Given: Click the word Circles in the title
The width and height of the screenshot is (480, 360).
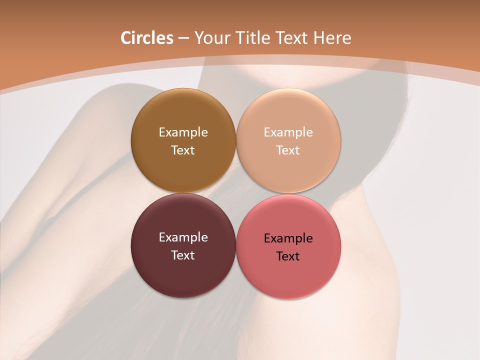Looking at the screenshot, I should click(x=147, y=38).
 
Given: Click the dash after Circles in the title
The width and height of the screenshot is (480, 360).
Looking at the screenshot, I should click(x=183, y=38).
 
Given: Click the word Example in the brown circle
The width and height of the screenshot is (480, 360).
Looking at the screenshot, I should click(x=183, y=132).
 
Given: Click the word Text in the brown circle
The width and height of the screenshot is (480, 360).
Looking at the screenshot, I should click(x=183, y=150).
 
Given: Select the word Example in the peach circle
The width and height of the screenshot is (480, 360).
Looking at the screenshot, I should click(x=288, y=132).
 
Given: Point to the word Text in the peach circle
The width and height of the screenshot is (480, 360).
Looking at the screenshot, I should click(x=288, y=150).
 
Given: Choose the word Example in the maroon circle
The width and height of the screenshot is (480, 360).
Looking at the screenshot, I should click(x=183, y=237).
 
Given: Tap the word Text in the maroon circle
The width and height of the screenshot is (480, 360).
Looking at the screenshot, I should click(x=183, y=255).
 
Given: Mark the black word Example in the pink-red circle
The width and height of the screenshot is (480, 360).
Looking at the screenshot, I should click(x=288, y=238).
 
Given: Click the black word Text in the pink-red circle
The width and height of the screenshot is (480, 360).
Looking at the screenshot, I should click(x=288, y=256).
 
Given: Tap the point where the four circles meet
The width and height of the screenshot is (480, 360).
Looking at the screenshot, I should click(x=236, y=193).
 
